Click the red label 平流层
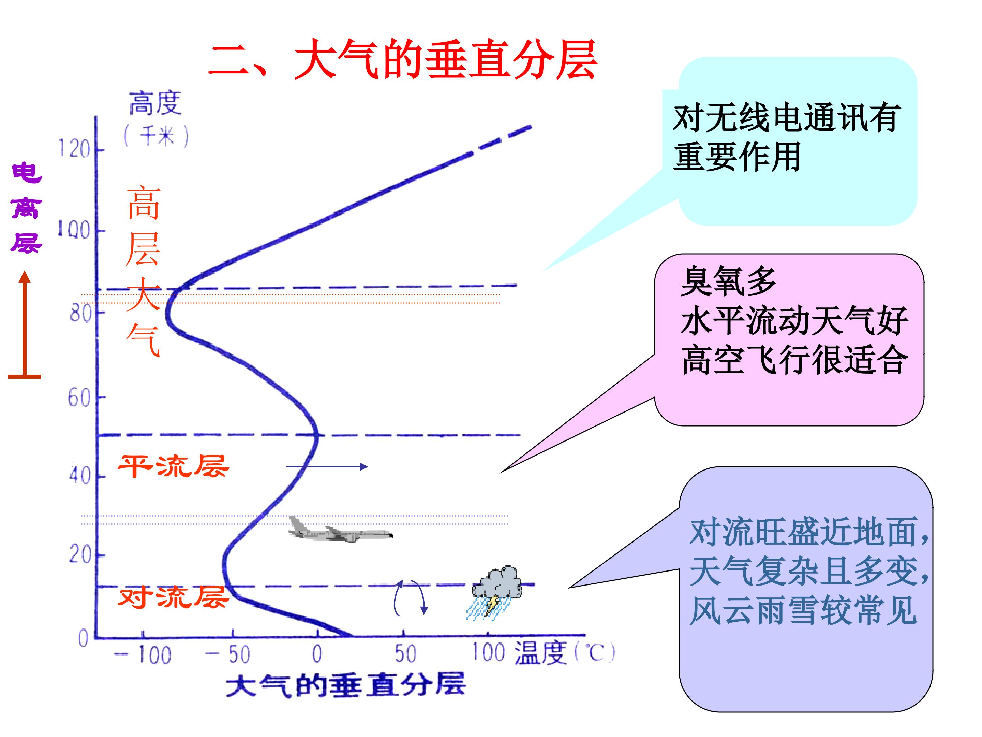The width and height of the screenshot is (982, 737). coord(174,466)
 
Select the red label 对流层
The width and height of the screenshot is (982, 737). coord(174,597)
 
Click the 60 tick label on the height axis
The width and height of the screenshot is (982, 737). coord(80,398)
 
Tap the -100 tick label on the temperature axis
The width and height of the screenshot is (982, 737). coord(143,655)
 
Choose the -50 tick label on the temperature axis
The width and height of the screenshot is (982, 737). coord(228,655)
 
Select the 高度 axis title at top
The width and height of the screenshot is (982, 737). coord(155,103)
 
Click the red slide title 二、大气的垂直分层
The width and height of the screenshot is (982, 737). coord(403,59)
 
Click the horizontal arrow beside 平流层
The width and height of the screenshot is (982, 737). coord(327,466)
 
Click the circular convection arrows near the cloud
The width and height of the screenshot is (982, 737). coord(411,598)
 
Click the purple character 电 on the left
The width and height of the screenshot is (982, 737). coord(27,172)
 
